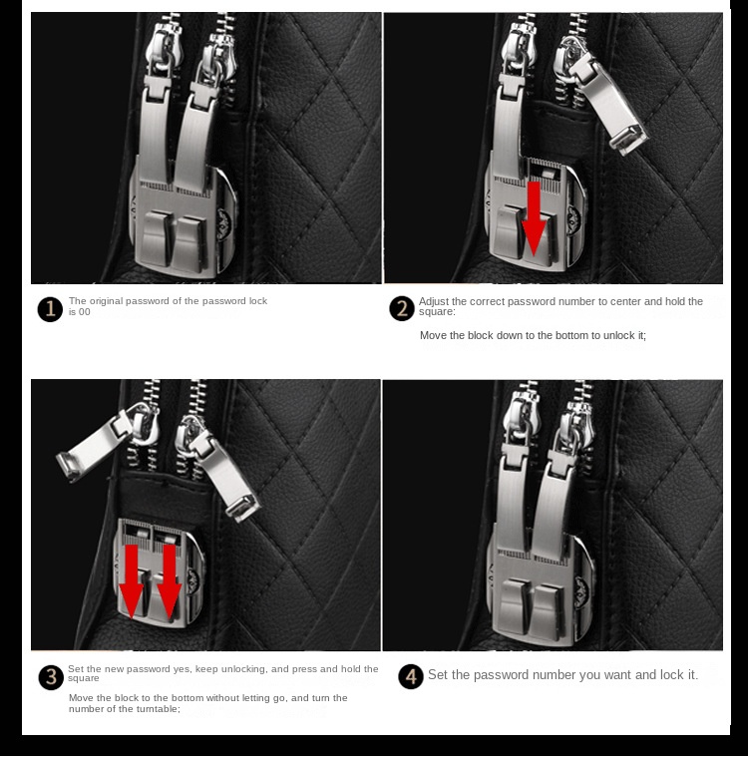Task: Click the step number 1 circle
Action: (x=50, y=309)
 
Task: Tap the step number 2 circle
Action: (x=402, y=308)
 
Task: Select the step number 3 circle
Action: (x=51, y=677)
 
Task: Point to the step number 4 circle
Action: (x=411, y=676)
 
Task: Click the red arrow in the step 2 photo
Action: (x=534, y=218)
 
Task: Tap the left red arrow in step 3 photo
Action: (x=131, y=581)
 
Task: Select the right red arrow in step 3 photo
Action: (x=170, y=581)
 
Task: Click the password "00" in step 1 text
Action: (x=84, y=312)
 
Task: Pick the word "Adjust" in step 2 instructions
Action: (x=434, y=301)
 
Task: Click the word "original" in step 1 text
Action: (x=108, y=301)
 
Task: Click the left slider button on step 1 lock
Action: (x=158, y=237)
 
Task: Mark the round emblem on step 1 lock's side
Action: (x=223, y=223)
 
